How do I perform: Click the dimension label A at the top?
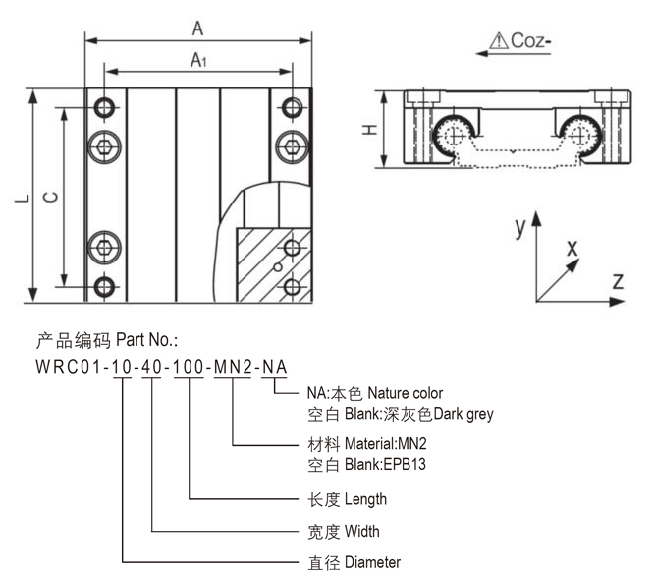pos(197,29)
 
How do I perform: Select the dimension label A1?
pos(197,60)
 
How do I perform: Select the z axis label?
pos(618,281)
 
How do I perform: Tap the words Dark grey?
pos(464,414)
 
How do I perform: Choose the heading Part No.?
pos(146,341)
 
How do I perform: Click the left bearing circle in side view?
pos(458,133)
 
